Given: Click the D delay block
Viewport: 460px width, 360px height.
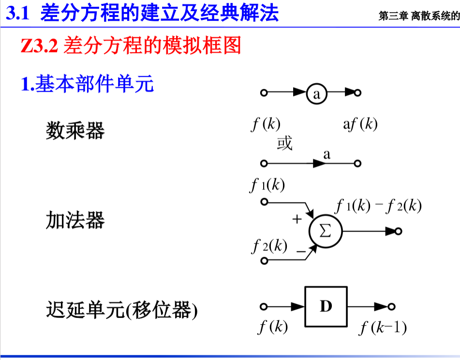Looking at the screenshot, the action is (x=326, y=306).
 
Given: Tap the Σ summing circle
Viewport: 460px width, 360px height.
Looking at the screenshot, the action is (x=326, y=231).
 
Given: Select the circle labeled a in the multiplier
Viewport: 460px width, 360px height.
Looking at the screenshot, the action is (x=317, y=94).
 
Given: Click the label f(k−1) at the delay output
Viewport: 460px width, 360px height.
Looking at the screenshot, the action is (x=383, y=329).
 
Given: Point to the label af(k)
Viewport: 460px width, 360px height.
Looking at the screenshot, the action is (x=360, y=125).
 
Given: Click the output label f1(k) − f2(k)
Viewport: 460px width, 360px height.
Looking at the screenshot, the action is (x=379, y=206).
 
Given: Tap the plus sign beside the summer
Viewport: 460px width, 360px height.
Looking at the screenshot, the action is (x=297, y=219).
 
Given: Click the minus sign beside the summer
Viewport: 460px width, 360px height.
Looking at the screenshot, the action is (x=301, y=251).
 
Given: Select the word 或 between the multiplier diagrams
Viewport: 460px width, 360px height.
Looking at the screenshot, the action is (x=284, y=144).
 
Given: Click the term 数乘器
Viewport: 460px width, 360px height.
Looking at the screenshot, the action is (x=75, y=130).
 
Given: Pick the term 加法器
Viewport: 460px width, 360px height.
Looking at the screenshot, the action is (x=75, y=221).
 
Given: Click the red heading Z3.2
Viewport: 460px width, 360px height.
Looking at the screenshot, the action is (x=40, y=46).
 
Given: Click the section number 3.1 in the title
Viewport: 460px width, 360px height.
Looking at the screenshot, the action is (x=18, y=14).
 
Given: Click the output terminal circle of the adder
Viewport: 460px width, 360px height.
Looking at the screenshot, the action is (x=399, y=231).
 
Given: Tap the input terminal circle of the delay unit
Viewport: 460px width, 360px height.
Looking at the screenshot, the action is (x=264, y=306).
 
